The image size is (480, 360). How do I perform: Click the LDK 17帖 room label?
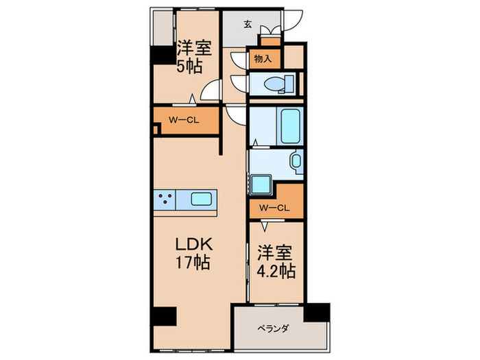tap(195, 253)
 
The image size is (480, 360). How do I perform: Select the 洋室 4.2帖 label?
tap(276, 261)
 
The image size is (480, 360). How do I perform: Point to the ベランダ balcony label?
tap(274, 328)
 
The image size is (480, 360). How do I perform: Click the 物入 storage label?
tap(263, 60)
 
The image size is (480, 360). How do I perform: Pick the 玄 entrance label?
tap(247, 25)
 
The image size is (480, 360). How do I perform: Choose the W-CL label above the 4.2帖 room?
tap(274, 207)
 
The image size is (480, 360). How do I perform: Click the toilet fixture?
tap(280, 84)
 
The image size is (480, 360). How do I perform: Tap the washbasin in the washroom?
tap(296, 163)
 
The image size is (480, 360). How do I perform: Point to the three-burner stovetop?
tap(165, 200)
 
